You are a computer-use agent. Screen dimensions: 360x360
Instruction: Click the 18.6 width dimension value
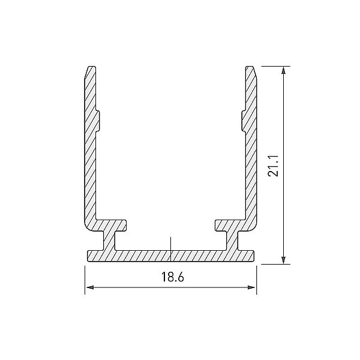[x=172, y=277]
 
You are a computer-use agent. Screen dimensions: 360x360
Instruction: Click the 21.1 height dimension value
[x=273, y=166]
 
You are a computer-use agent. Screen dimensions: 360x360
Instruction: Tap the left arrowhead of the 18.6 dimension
[x=90, y=287]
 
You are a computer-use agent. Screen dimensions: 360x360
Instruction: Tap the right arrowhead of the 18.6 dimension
[x=251, y=287]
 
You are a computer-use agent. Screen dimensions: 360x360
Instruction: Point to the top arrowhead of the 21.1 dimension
[x=284, y=70]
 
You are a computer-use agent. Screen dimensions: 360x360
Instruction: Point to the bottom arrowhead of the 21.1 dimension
[x=284, y=260]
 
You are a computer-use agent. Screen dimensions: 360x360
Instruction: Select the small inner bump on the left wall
[x=98, y=121]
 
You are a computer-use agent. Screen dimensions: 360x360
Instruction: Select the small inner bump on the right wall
[x=244, y=121]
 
